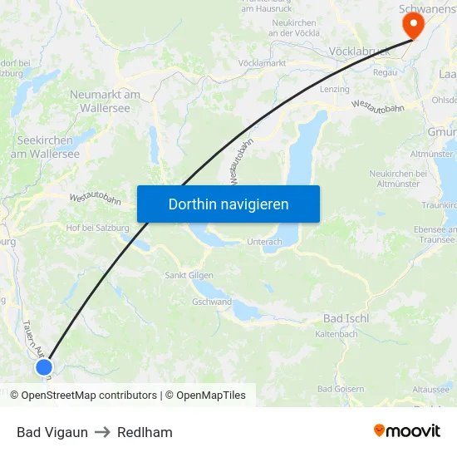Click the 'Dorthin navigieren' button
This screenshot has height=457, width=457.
(228, 204)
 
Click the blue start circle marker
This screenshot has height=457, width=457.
(44, 366)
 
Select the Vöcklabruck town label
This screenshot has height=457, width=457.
(360, 51)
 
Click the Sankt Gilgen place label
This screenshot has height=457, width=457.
(189, 275)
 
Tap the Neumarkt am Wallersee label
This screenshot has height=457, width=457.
(105, 101)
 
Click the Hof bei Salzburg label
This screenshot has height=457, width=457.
(98, 228)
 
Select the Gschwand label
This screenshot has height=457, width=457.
(211, 302)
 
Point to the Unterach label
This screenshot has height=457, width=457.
(264, 242)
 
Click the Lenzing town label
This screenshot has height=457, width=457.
(334, 89)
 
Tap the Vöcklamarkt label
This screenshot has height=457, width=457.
(263, 63)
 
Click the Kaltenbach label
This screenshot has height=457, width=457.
(337, 334)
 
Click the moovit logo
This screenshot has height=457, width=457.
(406, 431)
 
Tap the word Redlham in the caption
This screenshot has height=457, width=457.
(145, 432)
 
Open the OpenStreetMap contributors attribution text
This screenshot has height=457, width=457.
(89, 396)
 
